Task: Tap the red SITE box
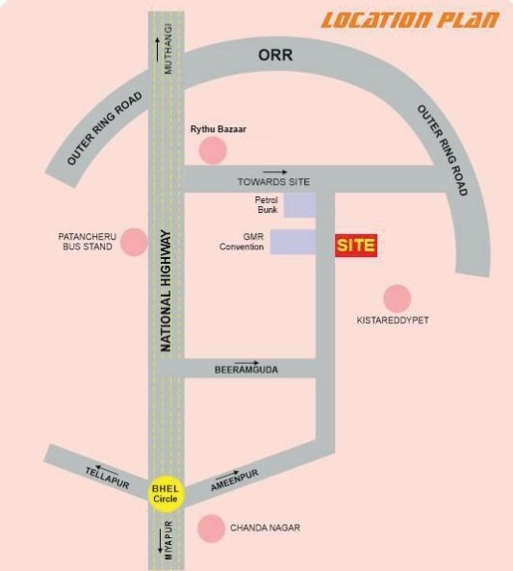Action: click(x=355, y=246)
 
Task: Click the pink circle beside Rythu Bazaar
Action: click(x=212, y=150)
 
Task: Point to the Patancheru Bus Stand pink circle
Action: click(x=135, y=242)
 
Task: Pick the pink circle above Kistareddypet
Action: click(x=398, y=298)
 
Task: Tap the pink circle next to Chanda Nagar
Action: click(x=211, y=528)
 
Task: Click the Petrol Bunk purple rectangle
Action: click(x=299, y=204)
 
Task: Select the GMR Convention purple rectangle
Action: click(x=293, y=242)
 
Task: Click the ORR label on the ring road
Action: click(x=274, y=55)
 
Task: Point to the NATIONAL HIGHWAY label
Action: click(x=166, y=289)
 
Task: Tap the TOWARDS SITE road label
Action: click(x=274, y=182)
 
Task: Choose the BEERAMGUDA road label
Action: click(x=245, y=370)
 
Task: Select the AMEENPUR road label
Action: click(x=236, y=479)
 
